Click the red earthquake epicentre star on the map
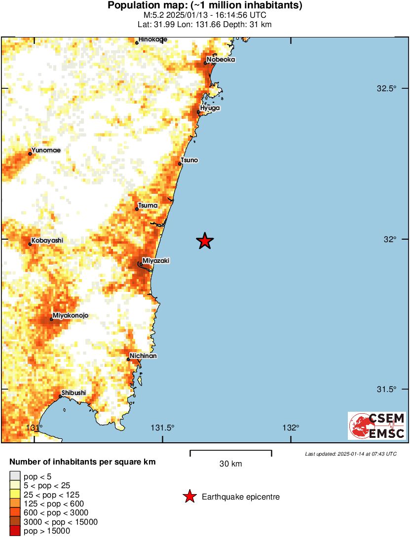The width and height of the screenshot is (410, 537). tap(205, 241)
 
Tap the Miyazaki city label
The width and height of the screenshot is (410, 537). tap(155, 260)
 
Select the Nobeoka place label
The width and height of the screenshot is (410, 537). tap(221, 60)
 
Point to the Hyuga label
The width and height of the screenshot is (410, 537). tap(210, 108)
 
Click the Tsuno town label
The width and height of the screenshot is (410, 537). tap(189, 160)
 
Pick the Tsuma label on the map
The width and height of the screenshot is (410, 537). tap(148, 205)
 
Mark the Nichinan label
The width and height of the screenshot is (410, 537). tap(143, 356)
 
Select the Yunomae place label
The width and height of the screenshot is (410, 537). tap(46, 150)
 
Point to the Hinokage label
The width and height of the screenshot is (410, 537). tap(152, 39)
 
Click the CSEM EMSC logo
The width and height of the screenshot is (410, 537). tap(376, 426)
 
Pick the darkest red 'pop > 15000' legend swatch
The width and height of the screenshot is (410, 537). tap(15, 531)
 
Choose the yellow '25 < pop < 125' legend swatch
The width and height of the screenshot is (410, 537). tap(15, 495)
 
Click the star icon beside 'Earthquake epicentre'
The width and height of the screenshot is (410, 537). tap(189, 497)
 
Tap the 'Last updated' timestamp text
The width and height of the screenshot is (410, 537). tap(350, 454)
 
